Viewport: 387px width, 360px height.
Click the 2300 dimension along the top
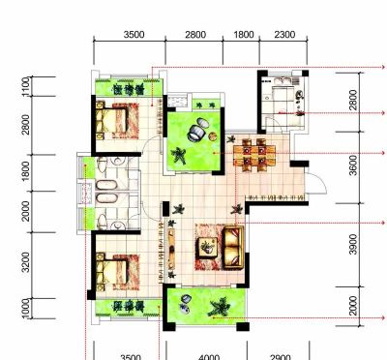(284, 35)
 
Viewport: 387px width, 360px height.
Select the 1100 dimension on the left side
(26, 86)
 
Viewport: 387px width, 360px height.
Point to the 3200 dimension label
(26, 262)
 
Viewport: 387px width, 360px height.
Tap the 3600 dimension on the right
(353, 165)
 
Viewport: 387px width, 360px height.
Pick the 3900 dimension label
(353, 244)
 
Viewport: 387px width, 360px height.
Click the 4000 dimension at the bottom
(209, 357)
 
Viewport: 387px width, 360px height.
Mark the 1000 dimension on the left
(26, 309)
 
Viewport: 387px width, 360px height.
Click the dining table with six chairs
(254, 155)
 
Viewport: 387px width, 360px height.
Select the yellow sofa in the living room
(233, 247)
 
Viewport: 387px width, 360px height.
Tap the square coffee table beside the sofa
(207, 247)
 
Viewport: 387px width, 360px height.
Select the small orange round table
(212, 136)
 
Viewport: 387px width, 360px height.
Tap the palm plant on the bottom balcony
(220, 307)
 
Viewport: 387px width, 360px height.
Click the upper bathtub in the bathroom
(106, 185)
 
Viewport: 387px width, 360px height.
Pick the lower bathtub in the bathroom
(106, 198)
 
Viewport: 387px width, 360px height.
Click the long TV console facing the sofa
(171, 249)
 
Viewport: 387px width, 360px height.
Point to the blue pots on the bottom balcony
(185, 305)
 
